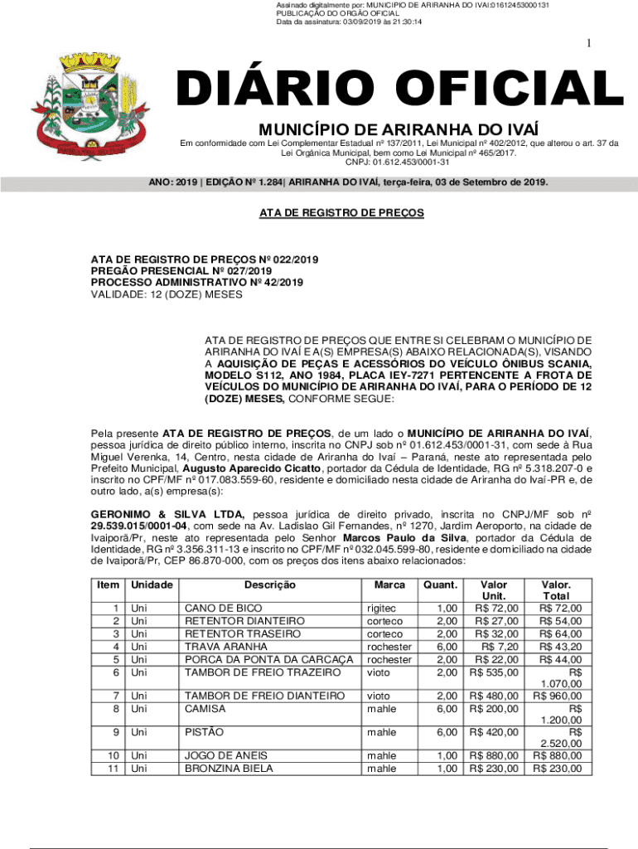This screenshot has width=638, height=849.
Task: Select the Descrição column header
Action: [270, 585]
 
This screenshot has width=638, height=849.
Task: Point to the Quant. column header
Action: [439, 585]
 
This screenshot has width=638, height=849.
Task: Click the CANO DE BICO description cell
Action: [223, 609]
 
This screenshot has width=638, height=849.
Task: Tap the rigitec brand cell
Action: [380, 609]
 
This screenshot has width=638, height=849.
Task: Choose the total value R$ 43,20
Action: [559, 646]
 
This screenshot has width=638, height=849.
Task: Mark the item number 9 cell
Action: [114, 732]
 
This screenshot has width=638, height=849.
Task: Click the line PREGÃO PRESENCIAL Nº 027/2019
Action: [181, 270]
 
